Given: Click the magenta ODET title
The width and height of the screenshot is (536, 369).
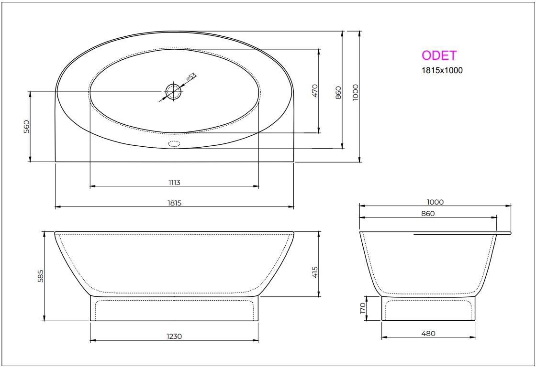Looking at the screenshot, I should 439,55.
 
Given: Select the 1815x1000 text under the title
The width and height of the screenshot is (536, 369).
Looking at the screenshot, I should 441,70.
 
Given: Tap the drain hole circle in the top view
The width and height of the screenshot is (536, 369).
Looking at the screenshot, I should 174,91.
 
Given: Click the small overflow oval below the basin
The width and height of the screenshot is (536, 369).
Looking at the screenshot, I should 174,143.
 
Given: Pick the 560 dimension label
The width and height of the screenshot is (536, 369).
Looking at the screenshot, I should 27,126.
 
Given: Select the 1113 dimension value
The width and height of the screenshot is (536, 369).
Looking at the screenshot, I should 174,182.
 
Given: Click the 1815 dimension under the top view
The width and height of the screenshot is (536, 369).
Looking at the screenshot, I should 175,203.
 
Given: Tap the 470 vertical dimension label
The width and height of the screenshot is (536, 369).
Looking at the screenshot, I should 314,91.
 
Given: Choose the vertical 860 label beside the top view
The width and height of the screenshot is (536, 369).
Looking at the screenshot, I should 338,92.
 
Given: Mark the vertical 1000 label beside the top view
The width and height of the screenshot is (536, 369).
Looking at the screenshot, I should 355,92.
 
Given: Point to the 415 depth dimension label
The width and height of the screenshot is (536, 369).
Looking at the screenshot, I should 314,272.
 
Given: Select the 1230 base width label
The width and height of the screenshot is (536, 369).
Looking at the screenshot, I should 175,336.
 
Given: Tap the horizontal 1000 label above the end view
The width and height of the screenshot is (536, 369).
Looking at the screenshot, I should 435,202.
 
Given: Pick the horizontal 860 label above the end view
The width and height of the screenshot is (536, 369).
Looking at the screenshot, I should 428,214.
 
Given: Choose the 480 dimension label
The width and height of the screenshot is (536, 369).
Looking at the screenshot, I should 428,334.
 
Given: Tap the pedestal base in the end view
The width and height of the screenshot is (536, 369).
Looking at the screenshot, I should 428,309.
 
